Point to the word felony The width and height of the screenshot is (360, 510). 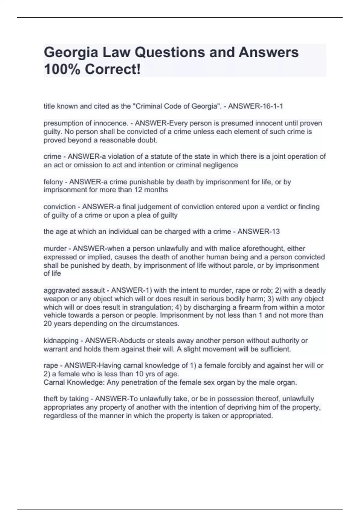53,182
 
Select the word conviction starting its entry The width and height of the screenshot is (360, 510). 59,207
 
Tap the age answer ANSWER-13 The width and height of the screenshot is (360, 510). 259,232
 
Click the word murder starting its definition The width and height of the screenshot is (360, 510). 55,248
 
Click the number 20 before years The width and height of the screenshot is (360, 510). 48,324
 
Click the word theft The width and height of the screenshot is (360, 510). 50,399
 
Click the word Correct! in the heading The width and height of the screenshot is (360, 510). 112,70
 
